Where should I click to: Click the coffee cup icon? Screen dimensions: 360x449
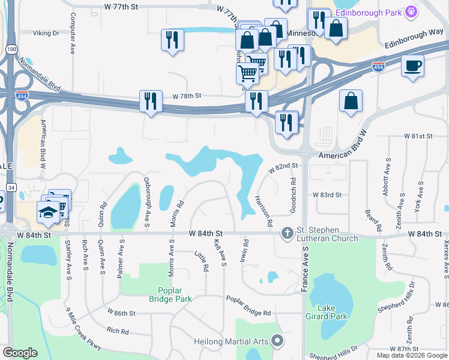[413, 66]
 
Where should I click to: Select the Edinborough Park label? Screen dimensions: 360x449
[368, 11]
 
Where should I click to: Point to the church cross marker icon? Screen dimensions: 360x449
[288, 232]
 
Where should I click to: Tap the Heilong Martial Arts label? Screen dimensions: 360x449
[231, 342]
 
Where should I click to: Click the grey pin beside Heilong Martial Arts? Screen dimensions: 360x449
[277, 341]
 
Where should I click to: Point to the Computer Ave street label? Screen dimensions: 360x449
[72, 33]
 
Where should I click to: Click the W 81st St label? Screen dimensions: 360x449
[417, 137]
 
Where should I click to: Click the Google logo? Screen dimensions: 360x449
[20, 353]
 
